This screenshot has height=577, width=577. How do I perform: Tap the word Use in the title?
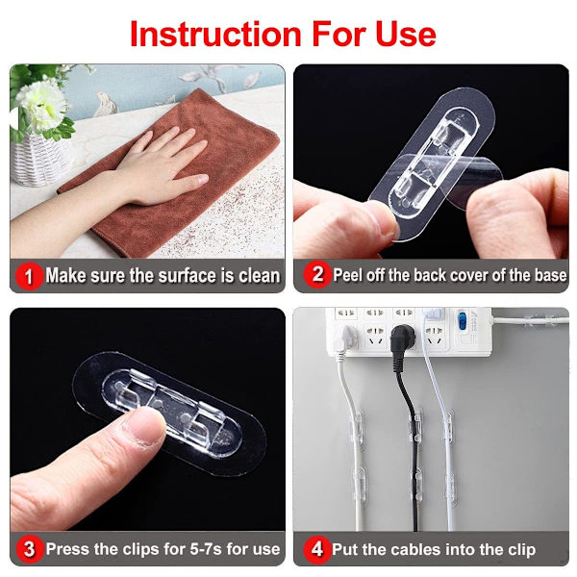(x=406, y=34)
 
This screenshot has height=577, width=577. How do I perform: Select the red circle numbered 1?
(x=29, y=276)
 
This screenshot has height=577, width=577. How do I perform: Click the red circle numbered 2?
(x=316, y=274)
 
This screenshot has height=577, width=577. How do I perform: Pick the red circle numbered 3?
(x=29, y=549)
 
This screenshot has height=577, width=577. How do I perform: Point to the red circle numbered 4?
(x=316, y=549)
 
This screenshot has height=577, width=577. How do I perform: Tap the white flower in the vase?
(x=41, y=104)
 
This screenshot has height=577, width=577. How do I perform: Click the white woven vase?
(x=41, y=159)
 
